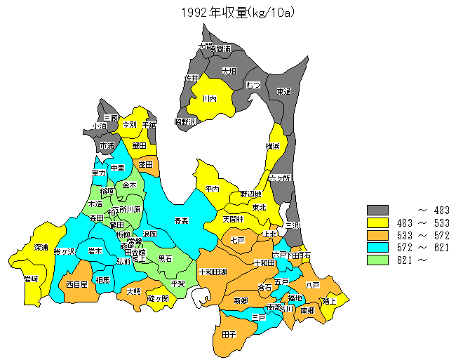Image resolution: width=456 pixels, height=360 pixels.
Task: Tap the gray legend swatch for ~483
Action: pos(377,210)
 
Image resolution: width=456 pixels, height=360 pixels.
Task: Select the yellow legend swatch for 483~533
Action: pos(377,222)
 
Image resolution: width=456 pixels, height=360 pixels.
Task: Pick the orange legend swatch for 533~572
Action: pos(377,235)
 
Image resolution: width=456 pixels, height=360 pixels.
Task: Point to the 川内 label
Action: pos(209,99)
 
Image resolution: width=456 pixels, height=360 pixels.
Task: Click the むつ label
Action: pos(253,85)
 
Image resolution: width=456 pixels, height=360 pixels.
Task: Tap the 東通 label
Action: pos(283,92)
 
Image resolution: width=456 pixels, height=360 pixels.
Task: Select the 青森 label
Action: pos(181,220)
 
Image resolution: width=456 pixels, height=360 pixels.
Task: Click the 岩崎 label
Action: pos(31,279)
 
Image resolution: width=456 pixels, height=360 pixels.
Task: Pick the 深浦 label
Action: pos(41,248)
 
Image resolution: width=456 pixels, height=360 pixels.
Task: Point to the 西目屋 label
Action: pos(77,285)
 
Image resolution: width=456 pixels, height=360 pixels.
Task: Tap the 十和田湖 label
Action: pos(212,272)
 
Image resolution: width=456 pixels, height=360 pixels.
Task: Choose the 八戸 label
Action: pos(313,285)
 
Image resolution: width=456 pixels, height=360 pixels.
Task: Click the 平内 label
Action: pos(213,189)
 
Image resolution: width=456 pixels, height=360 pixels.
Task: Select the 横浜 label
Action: pos(273,146)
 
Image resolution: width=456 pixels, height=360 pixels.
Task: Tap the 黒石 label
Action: pos(166,258)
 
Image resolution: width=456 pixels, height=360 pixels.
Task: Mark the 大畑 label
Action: pos(229,71)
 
